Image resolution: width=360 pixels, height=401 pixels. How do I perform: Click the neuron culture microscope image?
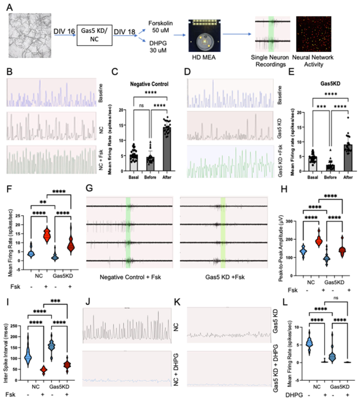[28, 37]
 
